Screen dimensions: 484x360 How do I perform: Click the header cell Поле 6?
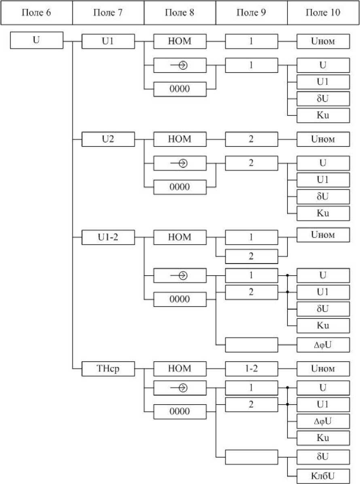[x=36, y=13]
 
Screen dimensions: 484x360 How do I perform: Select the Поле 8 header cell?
[x=180, y=13]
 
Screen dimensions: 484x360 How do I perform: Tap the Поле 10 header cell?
[x=323, y=13]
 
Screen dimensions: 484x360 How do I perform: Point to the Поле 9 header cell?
[x=251, y=13]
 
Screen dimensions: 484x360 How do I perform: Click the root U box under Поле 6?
[x=36, y=41]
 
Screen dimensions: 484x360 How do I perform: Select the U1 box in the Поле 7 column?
[x=108, y=41]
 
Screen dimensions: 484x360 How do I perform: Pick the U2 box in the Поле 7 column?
[x=108, y=139]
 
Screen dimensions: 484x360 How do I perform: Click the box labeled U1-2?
[x=108, y=237]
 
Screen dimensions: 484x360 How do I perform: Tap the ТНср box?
[x=108, y=369]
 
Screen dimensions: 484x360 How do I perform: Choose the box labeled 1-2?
[x=251, y=369]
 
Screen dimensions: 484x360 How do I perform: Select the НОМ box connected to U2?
[x=180, y=139]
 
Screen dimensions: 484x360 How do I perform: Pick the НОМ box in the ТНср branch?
[x=180, y=369]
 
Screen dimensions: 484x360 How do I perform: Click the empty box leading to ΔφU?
[x=251, y=345]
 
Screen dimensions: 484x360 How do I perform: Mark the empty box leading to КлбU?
[x=251, y=456]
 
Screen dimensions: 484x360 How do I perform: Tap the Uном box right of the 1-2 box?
[x=323, y=369]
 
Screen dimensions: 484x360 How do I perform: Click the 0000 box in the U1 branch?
[x=180, y=89]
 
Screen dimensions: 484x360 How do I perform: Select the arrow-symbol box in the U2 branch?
[x=180, y=163]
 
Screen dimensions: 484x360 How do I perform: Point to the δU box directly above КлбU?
[x=323, y=456]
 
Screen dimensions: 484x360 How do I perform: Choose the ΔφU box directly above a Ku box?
[x=323, y=422]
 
